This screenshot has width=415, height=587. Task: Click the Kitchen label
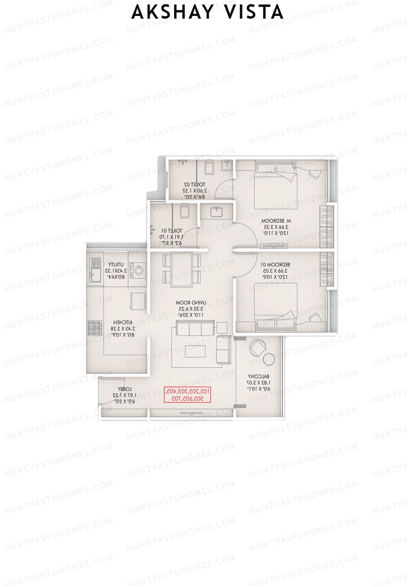coord(123,328)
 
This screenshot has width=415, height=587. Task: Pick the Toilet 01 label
coord(172,237)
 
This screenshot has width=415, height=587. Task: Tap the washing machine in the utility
coord(140,270)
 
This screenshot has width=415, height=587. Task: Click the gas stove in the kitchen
coord(95,328)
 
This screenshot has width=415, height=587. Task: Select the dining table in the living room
coord(182,270)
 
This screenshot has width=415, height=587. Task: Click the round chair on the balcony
coord(258,348)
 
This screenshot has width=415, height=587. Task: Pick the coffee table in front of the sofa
coord(195,351)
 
